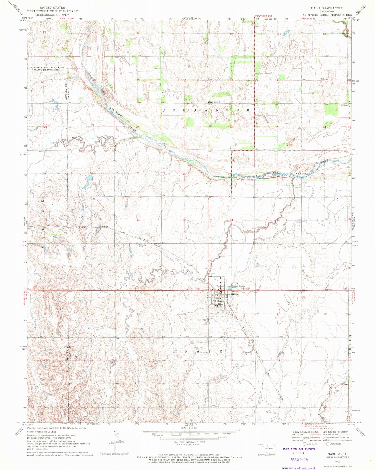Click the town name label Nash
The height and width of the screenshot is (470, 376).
click(235, 294)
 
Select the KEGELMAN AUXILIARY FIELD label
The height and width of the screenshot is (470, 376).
click(47, 67)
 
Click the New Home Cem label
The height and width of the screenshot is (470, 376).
click(153, 363)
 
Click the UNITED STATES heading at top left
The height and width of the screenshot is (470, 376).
click(53, 8)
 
